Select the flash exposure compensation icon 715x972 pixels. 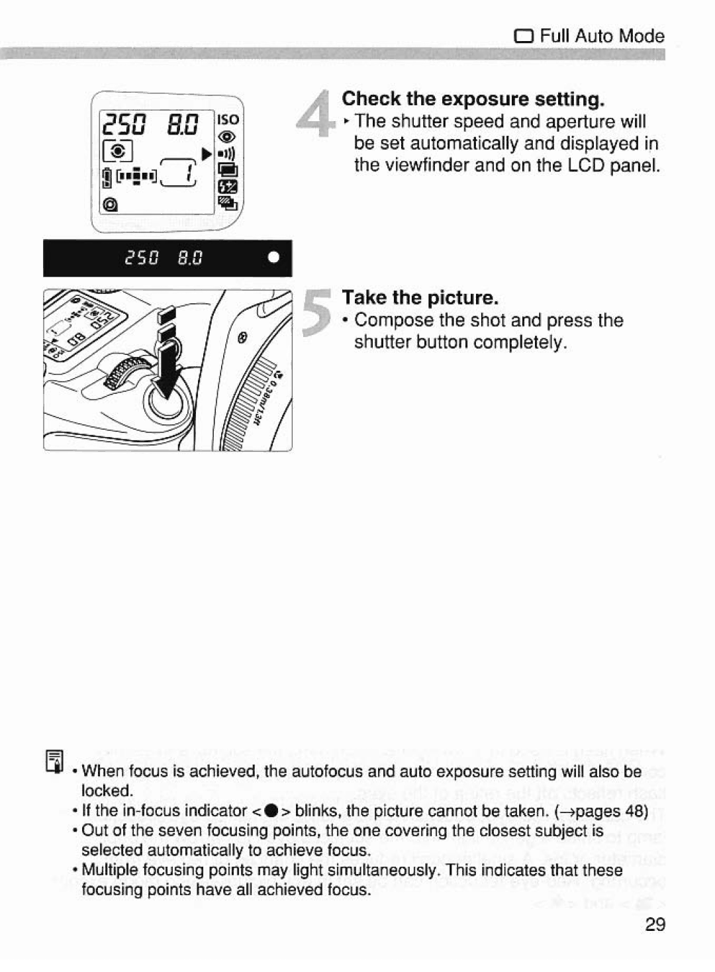(x=227, y=187)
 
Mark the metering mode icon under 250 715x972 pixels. (x=118, y=151)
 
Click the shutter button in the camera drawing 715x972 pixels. (x=167, y=403)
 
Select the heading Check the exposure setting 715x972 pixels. (x=473, y=99)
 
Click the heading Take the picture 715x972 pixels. (x=420, y=298)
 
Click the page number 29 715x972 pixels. (x=654, y=925)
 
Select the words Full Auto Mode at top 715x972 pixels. (x=602, y=35)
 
